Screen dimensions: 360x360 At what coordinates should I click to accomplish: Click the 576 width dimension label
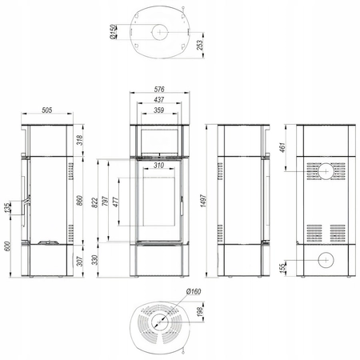(159, 89)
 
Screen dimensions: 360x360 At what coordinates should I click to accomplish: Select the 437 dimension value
(159, 100)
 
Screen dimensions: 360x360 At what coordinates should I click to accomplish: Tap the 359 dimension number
(159, 110)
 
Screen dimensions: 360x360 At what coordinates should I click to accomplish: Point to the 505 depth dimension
(47, 110)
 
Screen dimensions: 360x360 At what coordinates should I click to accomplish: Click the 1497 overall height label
(203, 201)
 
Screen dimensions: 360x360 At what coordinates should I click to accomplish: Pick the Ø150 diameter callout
(114, 32)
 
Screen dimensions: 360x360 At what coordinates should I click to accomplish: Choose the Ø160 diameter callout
(194, 291)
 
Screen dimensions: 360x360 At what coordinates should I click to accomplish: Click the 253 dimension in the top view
(200, 46)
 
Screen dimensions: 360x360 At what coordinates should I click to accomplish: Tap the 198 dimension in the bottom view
(200, 312)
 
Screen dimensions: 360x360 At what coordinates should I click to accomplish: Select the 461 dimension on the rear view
(282, 147)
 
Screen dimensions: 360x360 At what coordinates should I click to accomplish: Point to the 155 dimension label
(283, 267)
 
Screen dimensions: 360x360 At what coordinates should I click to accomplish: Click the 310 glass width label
(159, 166)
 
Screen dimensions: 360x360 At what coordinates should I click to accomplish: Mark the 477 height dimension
(115, 202)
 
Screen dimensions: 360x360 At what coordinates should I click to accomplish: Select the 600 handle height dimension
(7, 246)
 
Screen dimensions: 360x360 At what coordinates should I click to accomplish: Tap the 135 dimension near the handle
(7, 208)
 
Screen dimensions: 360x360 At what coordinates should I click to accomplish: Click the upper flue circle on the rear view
(326, 171)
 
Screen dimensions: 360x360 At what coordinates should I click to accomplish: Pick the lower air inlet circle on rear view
(326, 260)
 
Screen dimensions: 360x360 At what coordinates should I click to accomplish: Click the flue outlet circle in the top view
(160, 32)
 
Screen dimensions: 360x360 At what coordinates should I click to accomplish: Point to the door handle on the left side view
(26, 201)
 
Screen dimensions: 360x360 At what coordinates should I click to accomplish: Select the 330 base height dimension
(95, 260)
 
